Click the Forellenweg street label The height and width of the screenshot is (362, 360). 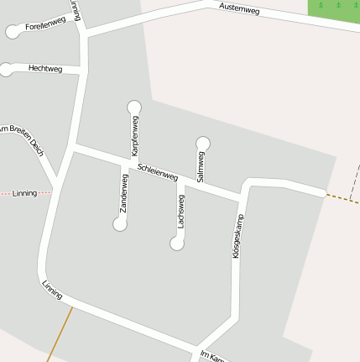click(x=45, y=24)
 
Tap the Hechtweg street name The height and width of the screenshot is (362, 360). click(x=45, y=68)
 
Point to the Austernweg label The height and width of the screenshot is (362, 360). click(x=239, y=9)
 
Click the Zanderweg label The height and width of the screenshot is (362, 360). click(x=124, y=192)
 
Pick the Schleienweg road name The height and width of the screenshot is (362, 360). click(x=158, y=171)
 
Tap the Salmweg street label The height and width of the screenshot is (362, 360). click(x=201, y=166)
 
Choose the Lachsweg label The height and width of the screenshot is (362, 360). click(x=180, y=212)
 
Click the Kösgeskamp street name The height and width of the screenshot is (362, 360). click(x=237, y=235)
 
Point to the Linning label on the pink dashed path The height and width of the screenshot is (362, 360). click(x=25, y=193)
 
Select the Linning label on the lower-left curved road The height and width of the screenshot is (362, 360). click(x=52, y=290)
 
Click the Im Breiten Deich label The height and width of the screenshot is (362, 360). click(x=20, y=138)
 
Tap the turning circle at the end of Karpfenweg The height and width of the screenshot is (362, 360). click(x=133, y=107)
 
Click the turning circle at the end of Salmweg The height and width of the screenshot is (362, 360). click(x=202, y=143)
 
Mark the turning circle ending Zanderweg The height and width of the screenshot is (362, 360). click(x=120, y=224)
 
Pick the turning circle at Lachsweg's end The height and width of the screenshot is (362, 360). click(x=176, y=244)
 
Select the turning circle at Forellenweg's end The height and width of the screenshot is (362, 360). click(x=12, y=32)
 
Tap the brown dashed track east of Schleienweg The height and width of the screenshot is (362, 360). click(x=342, y=199)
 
